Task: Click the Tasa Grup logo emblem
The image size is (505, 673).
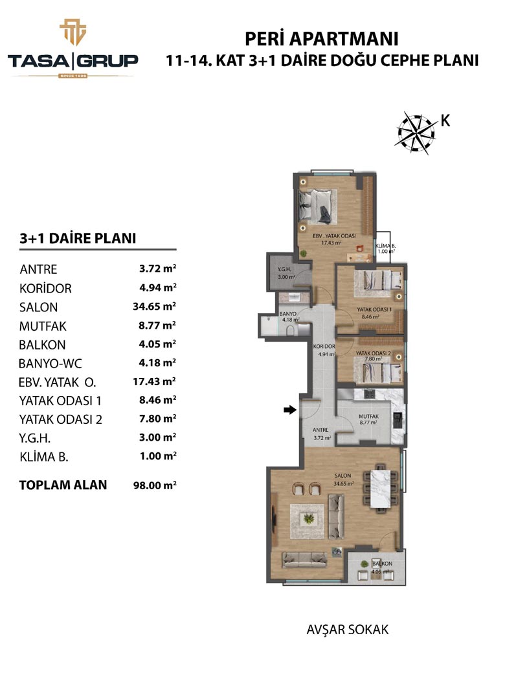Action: [x=73, y=32]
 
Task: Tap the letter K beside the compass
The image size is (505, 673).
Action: [x=445, y=121]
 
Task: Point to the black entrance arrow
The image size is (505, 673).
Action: [x=290, y=410]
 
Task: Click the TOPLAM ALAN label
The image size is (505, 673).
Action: [x=63, y=485]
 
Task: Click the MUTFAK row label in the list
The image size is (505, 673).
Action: [x=43, y=326]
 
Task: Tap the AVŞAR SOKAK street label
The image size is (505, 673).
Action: [x=348, y=630]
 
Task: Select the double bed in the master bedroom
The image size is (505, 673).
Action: [x=317, y=206]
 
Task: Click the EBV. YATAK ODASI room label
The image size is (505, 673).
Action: [x=334, y=236]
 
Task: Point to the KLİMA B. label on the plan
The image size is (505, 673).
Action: [x=386, y=246]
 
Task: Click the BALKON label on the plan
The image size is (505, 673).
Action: [x=382, y=564]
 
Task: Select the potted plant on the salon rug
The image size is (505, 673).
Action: [x=308, y=520]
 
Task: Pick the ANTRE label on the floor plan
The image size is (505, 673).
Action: [x=320, y=430]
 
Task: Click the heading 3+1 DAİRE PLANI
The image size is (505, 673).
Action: [x=78, y=238]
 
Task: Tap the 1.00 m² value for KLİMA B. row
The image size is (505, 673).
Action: [x=158, y=456]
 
